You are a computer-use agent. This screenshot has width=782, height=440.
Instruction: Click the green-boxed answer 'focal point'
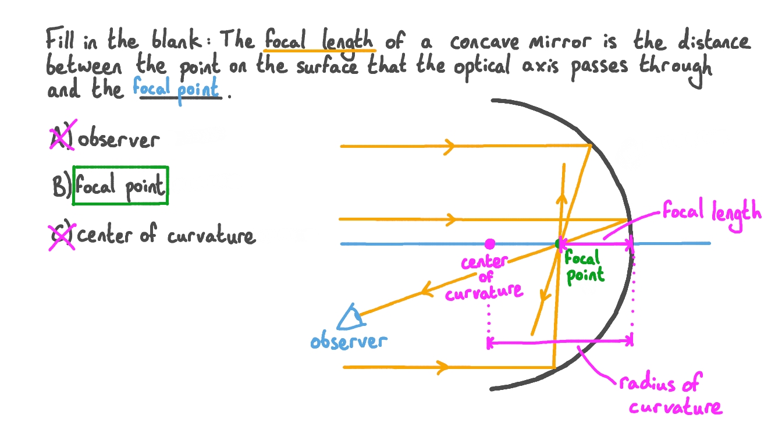[120, 186]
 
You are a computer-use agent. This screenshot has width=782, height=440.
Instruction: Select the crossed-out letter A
[62, 138]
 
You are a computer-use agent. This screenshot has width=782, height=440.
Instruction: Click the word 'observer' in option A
[118, 140]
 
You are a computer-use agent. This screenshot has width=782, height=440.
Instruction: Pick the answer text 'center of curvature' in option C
[166, 236]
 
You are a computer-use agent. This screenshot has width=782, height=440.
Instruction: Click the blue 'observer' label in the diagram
[348, 341]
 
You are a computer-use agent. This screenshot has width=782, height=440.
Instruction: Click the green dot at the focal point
[559, 244]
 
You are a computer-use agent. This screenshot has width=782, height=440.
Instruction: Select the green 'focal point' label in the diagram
[584, 267]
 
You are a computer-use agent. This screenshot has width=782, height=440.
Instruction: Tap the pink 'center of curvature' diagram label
[485, 277]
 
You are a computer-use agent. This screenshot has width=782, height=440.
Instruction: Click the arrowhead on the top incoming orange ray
[449, 146]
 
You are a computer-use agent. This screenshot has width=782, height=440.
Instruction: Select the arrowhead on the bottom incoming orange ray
[443, 367]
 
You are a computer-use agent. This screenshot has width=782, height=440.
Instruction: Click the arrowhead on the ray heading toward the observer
[427, 289]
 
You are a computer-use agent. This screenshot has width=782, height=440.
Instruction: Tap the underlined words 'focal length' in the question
[319, 41]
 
